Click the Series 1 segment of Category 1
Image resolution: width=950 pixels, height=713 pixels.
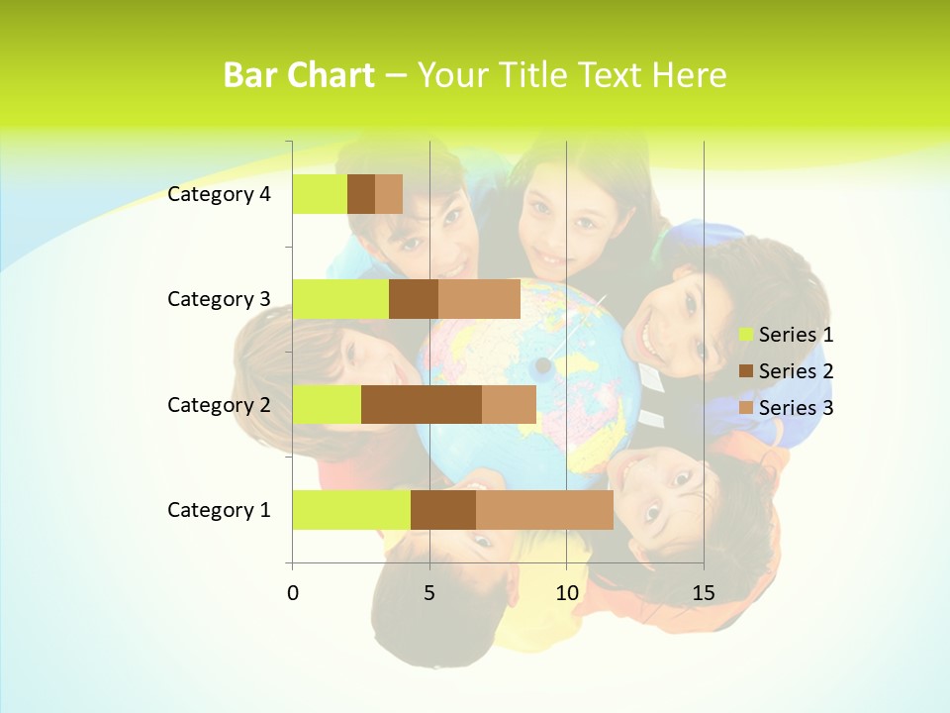(351, 510)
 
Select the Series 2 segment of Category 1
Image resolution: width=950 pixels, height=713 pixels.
(443, 510)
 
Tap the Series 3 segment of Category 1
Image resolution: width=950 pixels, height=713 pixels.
(544, 510)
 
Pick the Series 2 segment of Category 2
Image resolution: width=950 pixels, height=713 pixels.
(422, 404)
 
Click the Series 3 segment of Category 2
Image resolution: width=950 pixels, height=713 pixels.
(509, 404)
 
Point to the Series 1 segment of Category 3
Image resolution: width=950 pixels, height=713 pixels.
(340, 299)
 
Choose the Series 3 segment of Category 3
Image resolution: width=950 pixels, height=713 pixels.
(479, 299)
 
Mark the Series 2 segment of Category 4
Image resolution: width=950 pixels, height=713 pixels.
(361, 194)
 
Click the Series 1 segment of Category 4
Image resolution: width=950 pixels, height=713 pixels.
(320, 194)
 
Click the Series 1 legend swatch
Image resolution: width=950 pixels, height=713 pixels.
(746, 335)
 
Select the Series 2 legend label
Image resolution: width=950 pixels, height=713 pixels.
(796, 371)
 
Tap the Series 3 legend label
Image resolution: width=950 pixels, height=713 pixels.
(796, 408)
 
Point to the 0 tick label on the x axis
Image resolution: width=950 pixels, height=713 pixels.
(293, 593)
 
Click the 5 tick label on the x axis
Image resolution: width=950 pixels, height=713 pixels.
(429, 593)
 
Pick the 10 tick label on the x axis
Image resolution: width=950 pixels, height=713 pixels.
(566, 593)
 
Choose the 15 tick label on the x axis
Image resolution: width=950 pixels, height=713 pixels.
(704, 593)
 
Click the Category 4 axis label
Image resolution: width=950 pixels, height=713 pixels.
(219, 194)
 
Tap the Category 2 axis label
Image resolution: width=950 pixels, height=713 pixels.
(219, 404)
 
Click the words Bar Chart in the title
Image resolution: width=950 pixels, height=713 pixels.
(299, 75)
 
